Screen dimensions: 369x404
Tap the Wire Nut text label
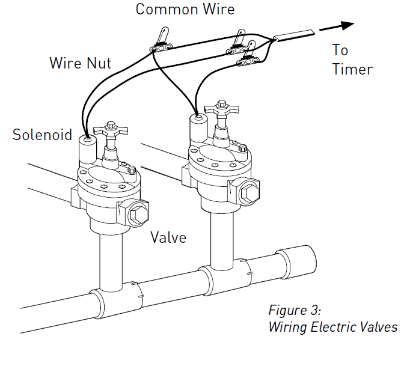coord(79,63)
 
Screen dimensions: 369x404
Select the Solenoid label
coord(42,135)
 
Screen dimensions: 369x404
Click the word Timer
coord(352,69)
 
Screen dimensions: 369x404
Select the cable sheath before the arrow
coord(294,36)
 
